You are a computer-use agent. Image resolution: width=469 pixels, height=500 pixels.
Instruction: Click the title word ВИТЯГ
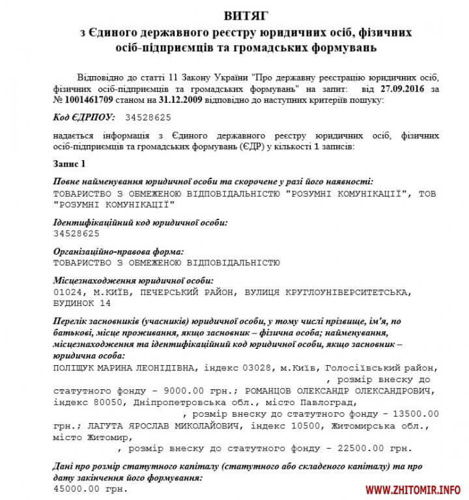click(x=234, y=14)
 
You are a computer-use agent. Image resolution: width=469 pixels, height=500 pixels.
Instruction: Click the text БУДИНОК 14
click(x=81, y=303)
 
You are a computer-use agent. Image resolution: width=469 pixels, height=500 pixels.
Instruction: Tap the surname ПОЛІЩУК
click(x=78, y=367)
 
